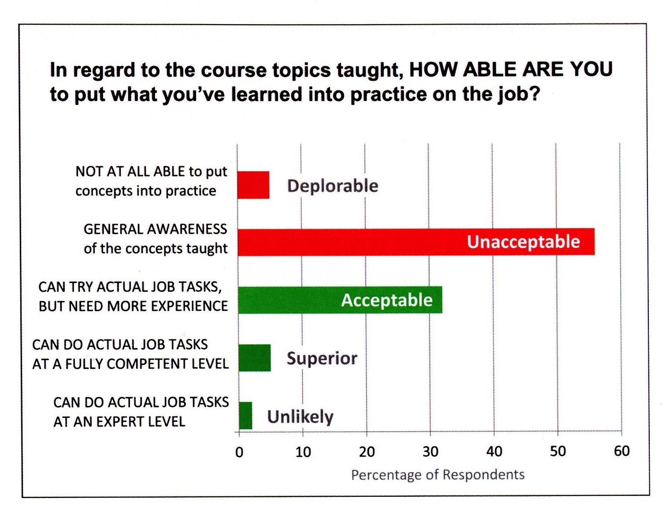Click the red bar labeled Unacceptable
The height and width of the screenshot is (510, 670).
click(416, 242)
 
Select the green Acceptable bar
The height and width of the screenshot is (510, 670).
click(340, 300)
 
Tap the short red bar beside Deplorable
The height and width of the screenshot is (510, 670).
click(253, 185)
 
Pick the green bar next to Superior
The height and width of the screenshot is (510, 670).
click(255, 357)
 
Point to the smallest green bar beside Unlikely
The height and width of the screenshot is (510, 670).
click(245, 416)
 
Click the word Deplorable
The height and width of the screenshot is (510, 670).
click(333, 186)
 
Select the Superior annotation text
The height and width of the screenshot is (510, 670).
click(322, 358)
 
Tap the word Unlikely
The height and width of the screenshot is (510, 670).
click(300, 417)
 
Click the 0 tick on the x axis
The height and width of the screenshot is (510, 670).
click(239, 452)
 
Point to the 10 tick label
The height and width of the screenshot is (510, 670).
click(303, 452)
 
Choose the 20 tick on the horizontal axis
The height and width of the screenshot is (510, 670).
click(366, 452)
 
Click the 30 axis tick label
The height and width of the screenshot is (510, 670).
click(430, 451)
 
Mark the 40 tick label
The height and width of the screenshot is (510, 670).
click(494, 451)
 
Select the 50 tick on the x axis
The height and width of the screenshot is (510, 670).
click(558, 451)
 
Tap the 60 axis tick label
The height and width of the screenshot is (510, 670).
click(622, 451)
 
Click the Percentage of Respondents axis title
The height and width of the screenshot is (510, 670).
click(438, 475)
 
